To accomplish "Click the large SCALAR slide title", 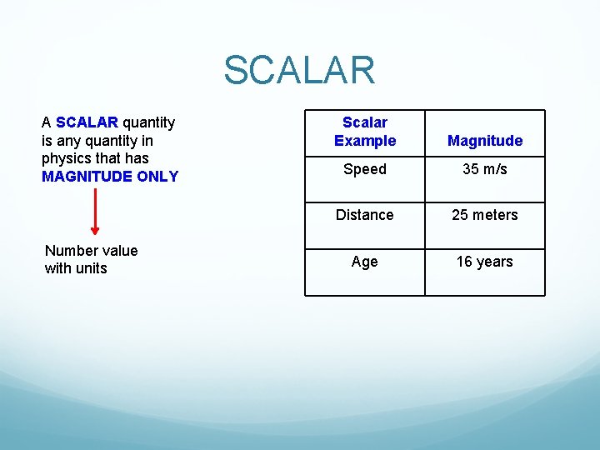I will coord(299,71).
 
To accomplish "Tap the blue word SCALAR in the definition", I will coord(87,123).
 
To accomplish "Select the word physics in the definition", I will coord(66,158).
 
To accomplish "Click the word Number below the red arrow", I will coord(69,251).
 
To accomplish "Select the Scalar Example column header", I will coord(365,132).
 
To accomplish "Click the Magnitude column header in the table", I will coord(485,141).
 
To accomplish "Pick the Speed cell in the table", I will coord(365,169).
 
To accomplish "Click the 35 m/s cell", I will coord(485,169).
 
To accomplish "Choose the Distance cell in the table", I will coord(365,215).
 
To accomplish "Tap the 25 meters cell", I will coord(485,215).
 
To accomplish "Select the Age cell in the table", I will coord(365,262).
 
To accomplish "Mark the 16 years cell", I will coord(485,262).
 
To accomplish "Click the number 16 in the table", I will coord(464,262).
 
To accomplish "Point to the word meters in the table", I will coord(496,215).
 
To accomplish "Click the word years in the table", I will coord(495,262).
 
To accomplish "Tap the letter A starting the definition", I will coord(46,123).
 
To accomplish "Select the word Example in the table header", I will coord(365,141).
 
